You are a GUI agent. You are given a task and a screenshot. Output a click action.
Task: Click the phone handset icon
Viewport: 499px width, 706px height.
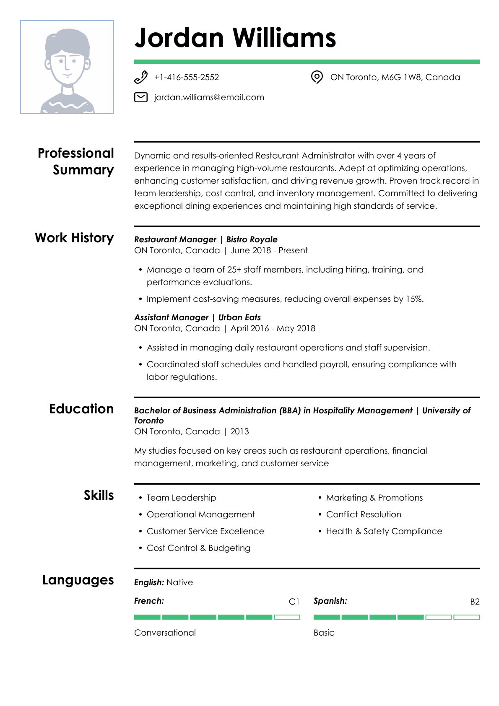(x=141, y=78)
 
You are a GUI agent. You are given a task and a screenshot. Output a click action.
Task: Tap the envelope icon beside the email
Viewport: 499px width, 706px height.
(x=141, y=98)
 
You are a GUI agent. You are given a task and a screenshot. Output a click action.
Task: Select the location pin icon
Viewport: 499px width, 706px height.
(x=317, y=77)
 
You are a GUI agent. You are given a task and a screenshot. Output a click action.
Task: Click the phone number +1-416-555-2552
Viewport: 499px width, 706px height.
(x=187, y=78)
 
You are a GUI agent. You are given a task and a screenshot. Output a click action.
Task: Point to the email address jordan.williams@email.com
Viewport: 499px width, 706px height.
(x=209, y=98)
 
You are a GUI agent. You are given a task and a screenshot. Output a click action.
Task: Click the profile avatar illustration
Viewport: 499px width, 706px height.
(x=67, y=67)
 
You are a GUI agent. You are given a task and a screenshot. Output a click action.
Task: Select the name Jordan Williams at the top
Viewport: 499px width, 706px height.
(x=235, y=38)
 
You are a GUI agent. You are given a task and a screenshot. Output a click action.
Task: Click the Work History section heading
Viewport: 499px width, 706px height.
(x=74, y=238)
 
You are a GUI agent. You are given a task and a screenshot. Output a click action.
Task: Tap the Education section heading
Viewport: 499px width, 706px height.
(x=81, y=409)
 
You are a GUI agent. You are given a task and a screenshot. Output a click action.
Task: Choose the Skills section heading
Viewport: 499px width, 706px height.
(x=99, y=495)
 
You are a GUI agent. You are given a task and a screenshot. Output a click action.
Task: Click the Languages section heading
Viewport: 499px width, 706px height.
(x=78, y=580)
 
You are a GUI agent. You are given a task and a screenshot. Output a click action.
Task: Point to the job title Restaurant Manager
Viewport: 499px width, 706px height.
(x=175, y=239)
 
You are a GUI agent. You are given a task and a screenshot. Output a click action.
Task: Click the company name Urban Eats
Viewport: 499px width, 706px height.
(x=239, y=317)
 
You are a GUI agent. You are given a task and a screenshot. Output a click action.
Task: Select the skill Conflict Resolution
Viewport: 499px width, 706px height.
(x=364, y=514)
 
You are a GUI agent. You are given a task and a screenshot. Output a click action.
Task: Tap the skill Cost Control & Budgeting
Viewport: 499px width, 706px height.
(x=198, y=548)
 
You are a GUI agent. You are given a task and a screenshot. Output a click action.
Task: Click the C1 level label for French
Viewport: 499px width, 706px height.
(x=294, y=602)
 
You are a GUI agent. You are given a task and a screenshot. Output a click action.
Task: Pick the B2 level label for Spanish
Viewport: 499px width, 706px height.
(x=475, y=602)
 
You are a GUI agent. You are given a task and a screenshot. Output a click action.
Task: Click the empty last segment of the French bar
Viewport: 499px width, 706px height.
(x=287, y=617)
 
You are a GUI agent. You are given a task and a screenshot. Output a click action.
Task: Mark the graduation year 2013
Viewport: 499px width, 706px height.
(x=239, y=431)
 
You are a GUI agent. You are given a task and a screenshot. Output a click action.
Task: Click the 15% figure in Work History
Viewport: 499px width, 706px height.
(x=414, y=299)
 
